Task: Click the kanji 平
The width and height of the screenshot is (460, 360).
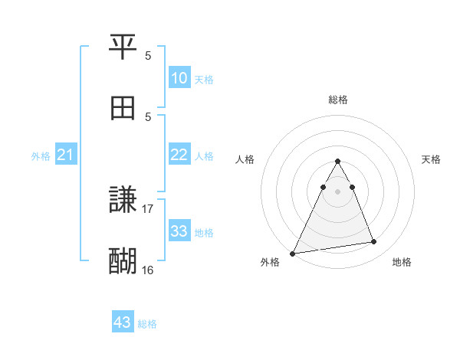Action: [123, 48]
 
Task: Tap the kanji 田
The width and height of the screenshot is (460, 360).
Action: [123, 108]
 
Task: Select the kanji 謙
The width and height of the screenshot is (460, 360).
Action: [123, 201]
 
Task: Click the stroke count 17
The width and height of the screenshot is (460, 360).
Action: [148, 208]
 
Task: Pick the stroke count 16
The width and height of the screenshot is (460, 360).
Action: [148, 270]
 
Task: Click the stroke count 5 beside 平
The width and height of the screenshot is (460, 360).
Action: [148, 56]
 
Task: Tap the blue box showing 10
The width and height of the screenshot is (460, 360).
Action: [179, 78]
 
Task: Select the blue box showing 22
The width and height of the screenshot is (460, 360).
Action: [179, 155]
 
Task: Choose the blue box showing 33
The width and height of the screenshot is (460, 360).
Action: [179, 231]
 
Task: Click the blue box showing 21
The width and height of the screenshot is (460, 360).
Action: [66, 155]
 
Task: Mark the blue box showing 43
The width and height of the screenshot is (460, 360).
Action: [123, 322]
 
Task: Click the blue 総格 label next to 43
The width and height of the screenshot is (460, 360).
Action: [147, 324]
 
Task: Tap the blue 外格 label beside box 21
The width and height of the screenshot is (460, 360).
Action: [41, 156]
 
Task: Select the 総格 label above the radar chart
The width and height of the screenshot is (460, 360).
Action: [338, 100]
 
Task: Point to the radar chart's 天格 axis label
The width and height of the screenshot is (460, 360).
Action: [431, 159]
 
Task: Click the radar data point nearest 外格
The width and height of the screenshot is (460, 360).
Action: [293, 253]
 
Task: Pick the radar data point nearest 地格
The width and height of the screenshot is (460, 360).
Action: [374, 242]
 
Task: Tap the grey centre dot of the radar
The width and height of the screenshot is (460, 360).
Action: [337, 191]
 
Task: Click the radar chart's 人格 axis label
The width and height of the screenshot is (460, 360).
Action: [245, 159]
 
